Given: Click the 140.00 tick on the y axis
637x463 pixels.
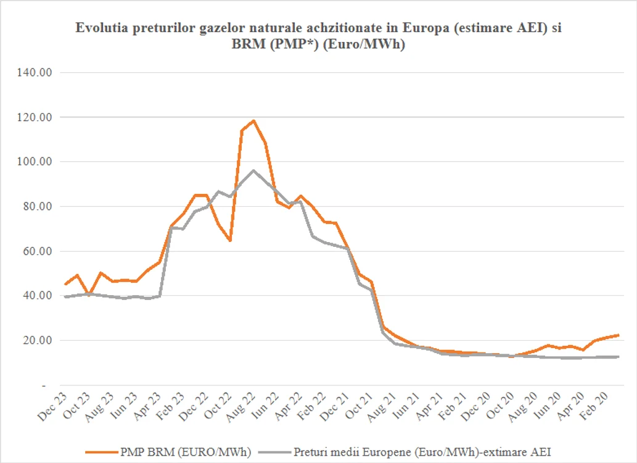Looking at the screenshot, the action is pyautogui.click(x=35, y=72).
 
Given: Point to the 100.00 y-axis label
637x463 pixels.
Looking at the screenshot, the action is pyautogui.click(x=35, y=162).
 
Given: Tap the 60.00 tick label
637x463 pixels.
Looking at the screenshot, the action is pyautogui.click(x=38, y=251).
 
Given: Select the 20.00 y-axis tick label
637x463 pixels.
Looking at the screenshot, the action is pyautogui.click(x=38, y=340).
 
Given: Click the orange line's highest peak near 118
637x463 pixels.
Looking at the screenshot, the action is pyautogui.click(x=253, y=120).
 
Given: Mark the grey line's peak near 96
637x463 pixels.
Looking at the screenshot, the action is pyautogui.click(x=253, y=170).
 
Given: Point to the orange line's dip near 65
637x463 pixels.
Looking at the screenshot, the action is pyautogui.click(x=230, y=241).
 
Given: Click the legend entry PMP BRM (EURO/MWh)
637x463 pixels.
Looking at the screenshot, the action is pyautogui.click(x=168, y=452).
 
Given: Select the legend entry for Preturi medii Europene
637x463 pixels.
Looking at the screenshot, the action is pyautogui.click(x=405, y=452).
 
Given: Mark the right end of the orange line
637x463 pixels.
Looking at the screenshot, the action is pyautogui.click(x=619, y=335).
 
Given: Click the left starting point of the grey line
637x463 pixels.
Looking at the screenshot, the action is pyautogui.click(x=65, y=297).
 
